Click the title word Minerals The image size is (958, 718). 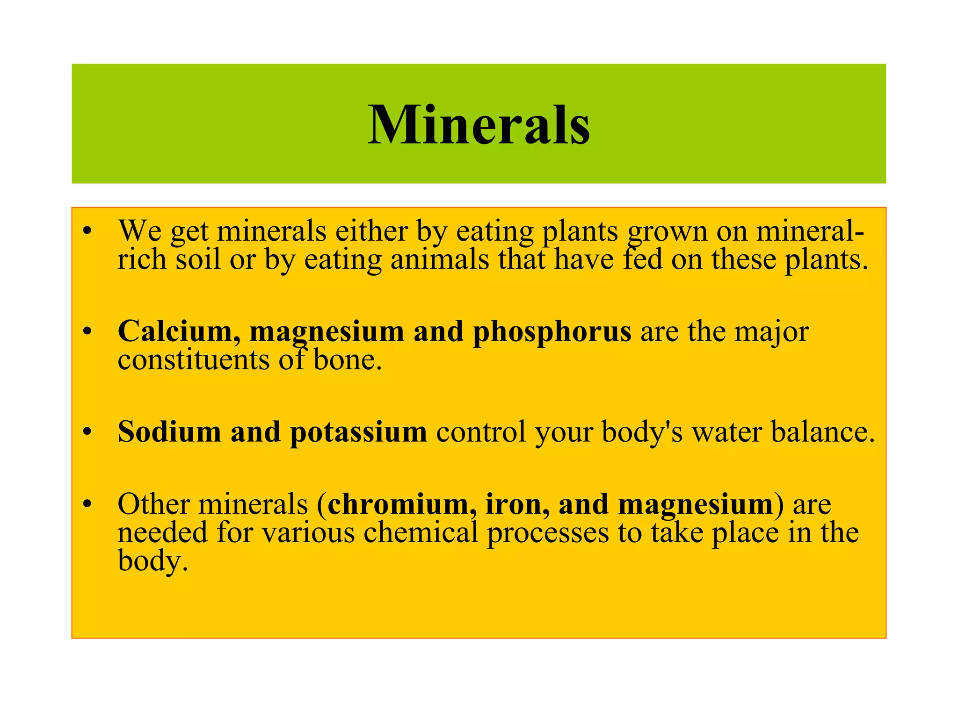pyautogui.click(x=479, y=125)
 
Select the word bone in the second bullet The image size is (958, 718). pyautogui.click(x=347, y=360)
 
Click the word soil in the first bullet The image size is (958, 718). pyautogui.click(x=198, y=259)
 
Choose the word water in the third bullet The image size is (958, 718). pyautogui.click(x=727, y=432)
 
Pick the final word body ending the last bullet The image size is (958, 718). pyautogui.click(x=152, y=561)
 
